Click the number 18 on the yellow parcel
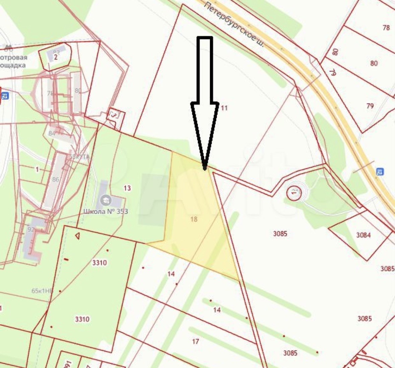[194, 219]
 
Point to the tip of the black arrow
[205, 169]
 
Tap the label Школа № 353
[106, 211]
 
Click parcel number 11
[224, 108]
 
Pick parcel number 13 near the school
[127, 188]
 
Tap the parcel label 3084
[363, 235]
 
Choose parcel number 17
[196, 342]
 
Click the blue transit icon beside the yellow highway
[380, 172]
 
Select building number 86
[56, 179]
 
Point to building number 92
[31, 229]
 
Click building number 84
[52, 133]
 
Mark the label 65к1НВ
[42, 291]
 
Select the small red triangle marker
[77, 236]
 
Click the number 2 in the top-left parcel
[56, 57]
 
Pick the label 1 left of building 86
[37, 169]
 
